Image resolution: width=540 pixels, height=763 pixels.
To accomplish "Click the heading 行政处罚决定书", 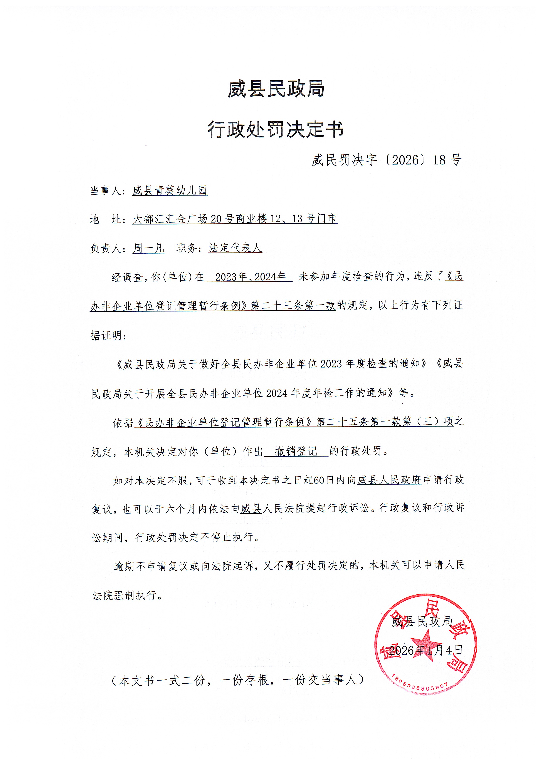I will click(x=275, y=129).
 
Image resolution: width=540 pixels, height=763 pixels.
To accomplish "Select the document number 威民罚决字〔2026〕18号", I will click(x=386, y=160).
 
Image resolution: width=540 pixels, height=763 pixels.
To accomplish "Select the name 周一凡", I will click(x=149, y=248).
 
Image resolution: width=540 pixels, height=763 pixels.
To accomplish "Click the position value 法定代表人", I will click(x=235, y=248).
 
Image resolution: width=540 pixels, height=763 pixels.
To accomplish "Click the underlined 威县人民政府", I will click(x=389, y=480).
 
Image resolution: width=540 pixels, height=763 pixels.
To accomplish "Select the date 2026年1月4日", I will click(x=426, y=650).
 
